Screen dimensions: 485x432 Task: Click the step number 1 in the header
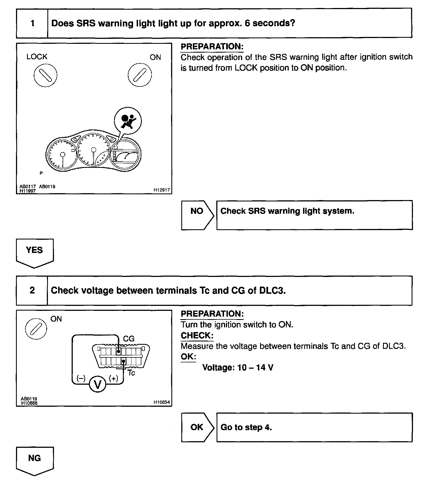(33, 23)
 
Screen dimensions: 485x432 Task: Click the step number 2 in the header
(32, 290)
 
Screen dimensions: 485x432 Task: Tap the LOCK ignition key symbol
(45, 75)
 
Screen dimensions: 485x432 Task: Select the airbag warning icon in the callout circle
(128, 121)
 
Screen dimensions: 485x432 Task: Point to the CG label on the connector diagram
(129, 339)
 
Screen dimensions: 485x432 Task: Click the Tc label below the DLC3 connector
(131, 373)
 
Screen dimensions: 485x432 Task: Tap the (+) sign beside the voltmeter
(114, 378)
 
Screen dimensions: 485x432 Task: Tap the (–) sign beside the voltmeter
(81, 378)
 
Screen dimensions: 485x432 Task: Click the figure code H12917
(162, 190)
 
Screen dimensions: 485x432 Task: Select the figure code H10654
(162, 402)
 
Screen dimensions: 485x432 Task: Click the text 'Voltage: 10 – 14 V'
(238, 368)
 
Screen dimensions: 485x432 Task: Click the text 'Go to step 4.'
(246, 427)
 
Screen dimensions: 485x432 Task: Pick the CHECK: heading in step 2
(197, 335)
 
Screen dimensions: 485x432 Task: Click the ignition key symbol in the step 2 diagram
(36, 328)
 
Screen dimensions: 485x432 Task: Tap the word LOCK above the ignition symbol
(37, 57)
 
